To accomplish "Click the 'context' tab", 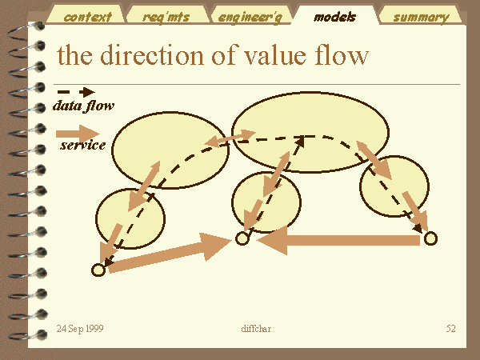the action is click(x=86, y=16).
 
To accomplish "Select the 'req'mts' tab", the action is click(x=167, y=16).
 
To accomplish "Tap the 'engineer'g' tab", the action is click(x=250, y=16).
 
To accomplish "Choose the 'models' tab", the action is click(x=335, y=16).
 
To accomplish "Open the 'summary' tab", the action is click(x=421, y=16).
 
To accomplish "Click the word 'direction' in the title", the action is click(x=152, y=55).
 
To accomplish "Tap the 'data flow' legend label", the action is click(x=83, y=106).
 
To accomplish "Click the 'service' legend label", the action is click(x=82, y=145).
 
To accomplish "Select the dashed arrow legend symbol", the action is click(x=76, y=92).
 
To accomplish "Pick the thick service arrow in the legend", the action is click(x=78, y=134).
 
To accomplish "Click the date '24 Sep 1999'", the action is click(x=80, y=329).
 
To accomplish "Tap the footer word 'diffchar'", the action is click(x=256, y=329).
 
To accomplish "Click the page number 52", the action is click(x=450, y=329).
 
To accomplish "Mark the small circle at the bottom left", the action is click(x=98, y=270).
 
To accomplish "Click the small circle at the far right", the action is click(x=430, y=238).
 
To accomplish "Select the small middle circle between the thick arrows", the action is click(x=242, y=238).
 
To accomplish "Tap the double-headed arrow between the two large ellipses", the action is click(x=230, y=138).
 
